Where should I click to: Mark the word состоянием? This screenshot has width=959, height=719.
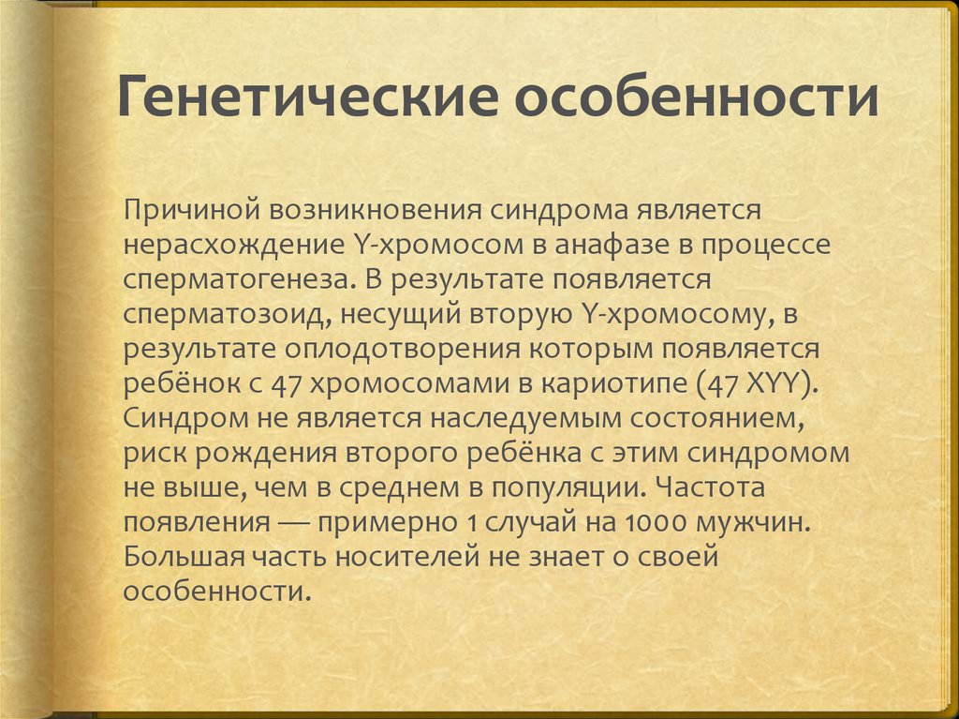click(x=728, y=419)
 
